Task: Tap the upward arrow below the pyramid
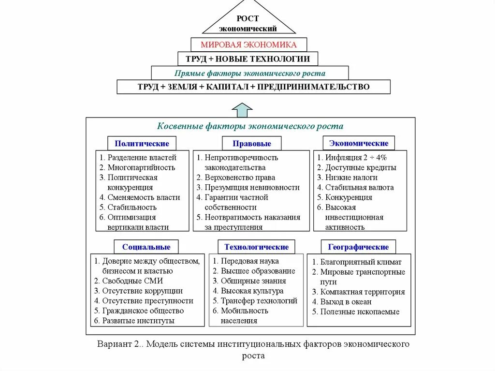click(x=242, y=110)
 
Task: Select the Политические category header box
click(x=142, y=143)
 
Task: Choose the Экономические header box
click(x=359, y=143)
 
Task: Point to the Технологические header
click(x=256, y=247)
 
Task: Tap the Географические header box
click(x=358, y=247)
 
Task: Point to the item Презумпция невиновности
click(x=252, y=187)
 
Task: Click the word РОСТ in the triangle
click(x=247, y=18)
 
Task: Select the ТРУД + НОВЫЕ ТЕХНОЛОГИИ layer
click(x=247, y=59)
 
